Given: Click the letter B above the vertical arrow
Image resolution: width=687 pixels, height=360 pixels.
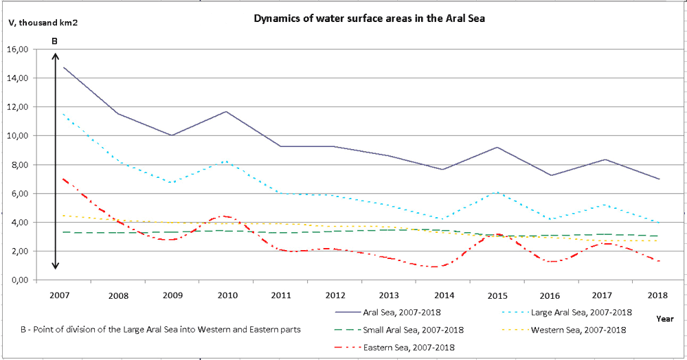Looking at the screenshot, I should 55,42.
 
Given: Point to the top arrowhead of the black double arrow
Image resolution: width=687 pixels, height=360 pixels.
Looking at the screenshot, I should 56,55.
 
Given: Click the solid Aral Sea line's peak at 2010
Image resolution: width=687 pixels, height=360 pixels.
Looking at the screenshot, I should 227,111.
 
